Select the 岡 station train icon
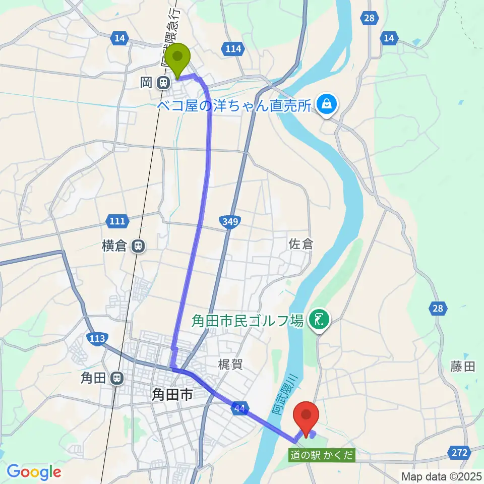coord(162,83)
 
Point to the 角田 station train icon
coord(117,378)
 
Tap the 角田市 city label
coord(172,395)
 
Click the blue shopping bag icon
coord(327,104)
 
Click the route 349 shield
coord(230,221)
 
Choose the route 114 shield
coord(232,48)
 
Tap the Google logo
coord(34,472)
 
